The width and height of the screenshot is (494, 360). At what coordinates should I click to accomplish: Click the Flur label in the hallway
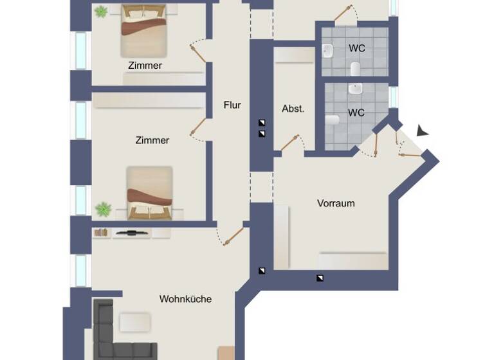pos(232,105)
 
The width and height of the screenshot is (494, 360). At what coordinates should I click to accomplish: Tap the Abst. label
pos(293,109)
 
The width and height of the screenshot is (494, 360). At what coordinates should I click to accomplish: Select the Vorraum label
pos(336,203)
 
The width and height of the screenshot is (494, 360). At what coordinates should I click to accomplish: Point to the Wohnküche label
pos(185,299)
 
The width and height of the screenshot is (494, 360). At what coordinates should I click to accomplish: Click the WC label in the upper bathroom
pos(356,48)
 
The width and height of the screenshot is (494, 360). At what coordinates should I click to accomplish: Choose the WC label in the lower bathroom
pos(356,113)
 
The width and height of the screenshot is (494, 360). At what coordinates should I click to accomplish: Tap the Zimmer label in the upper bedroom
pos(145,65)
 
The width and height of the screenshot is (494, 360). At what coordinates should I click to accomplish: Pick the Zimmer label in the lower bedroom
pos(152,139)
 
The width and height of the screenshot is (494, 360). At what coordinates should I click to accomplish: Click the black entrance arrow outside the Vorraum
pos(421,130)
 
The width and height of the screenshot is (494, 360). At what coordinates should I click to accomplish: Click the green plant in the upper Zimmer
pos(100,12)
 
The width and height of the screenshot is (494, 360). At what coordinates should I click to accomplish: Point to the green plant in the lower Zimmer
pos(102,209)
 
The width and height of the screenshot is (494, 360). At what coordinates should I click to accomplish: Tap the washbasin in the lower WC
pos(356,88)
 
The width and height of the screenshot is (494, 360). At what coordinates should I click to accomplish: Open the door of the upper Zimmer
pos(199,51)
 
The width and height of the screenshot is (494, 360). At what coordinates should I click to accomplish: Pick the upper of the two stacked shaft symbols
pos(262,122)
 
